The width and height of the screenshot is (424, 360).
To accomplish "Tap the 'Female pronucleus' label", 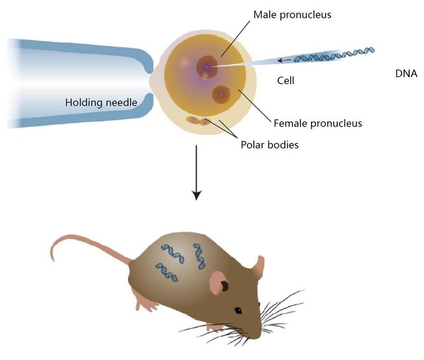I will [317, 122].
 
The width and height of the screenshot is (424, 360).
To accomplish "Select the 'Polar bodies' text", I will [269, 144].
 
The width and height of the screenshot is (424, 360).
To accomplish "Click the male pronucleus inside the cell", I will [207, 66].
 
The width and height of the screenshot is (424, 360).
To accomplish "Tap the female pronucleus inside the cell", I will [221, 95].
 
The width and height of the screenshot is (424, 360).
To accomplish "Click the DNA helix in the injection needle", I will [334, 55].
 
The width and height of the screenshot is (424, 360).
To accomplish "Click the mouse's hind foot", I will [147, 304].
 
